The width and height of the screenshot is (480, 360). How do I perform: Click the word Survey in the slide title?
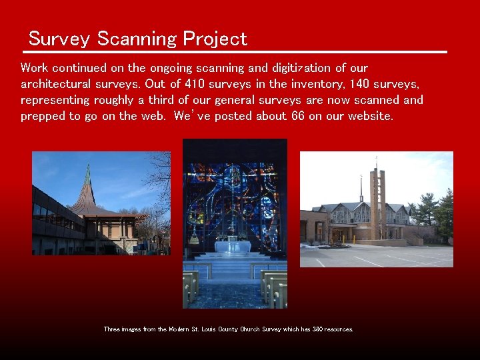coord(59,39)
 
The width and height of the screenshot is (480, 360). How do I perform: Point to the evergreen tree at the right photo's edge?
coord(443,213)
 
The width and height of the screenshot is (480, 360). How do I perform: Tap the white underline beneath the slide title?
coord(236,52)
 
